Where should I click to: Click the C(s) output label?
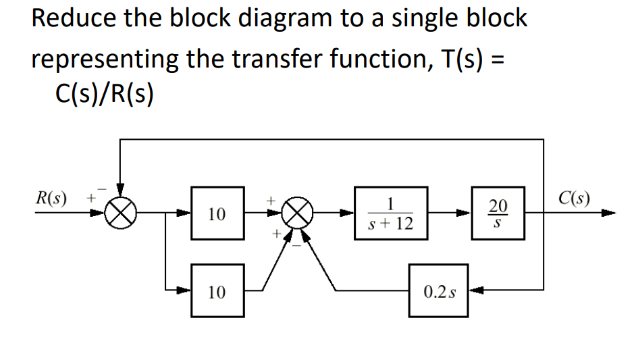(x=575, y=199)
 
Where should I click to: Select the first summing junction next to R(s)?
(x=121, y=214)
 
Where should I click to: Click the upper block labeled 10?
(x=217, y=214)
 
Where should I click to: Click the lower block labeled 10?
(x=217, y=292)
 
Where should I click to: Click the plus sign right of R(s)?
(x=88, y=199)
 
